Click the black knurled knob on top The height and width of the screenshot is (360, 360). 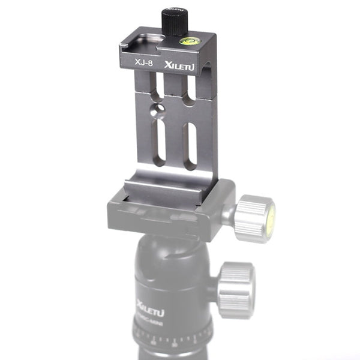point(173,22)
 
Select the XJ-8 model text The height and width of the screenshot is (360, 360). point(139,61)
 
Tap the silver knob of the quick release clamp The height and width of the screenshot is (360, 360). point(253,217)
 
